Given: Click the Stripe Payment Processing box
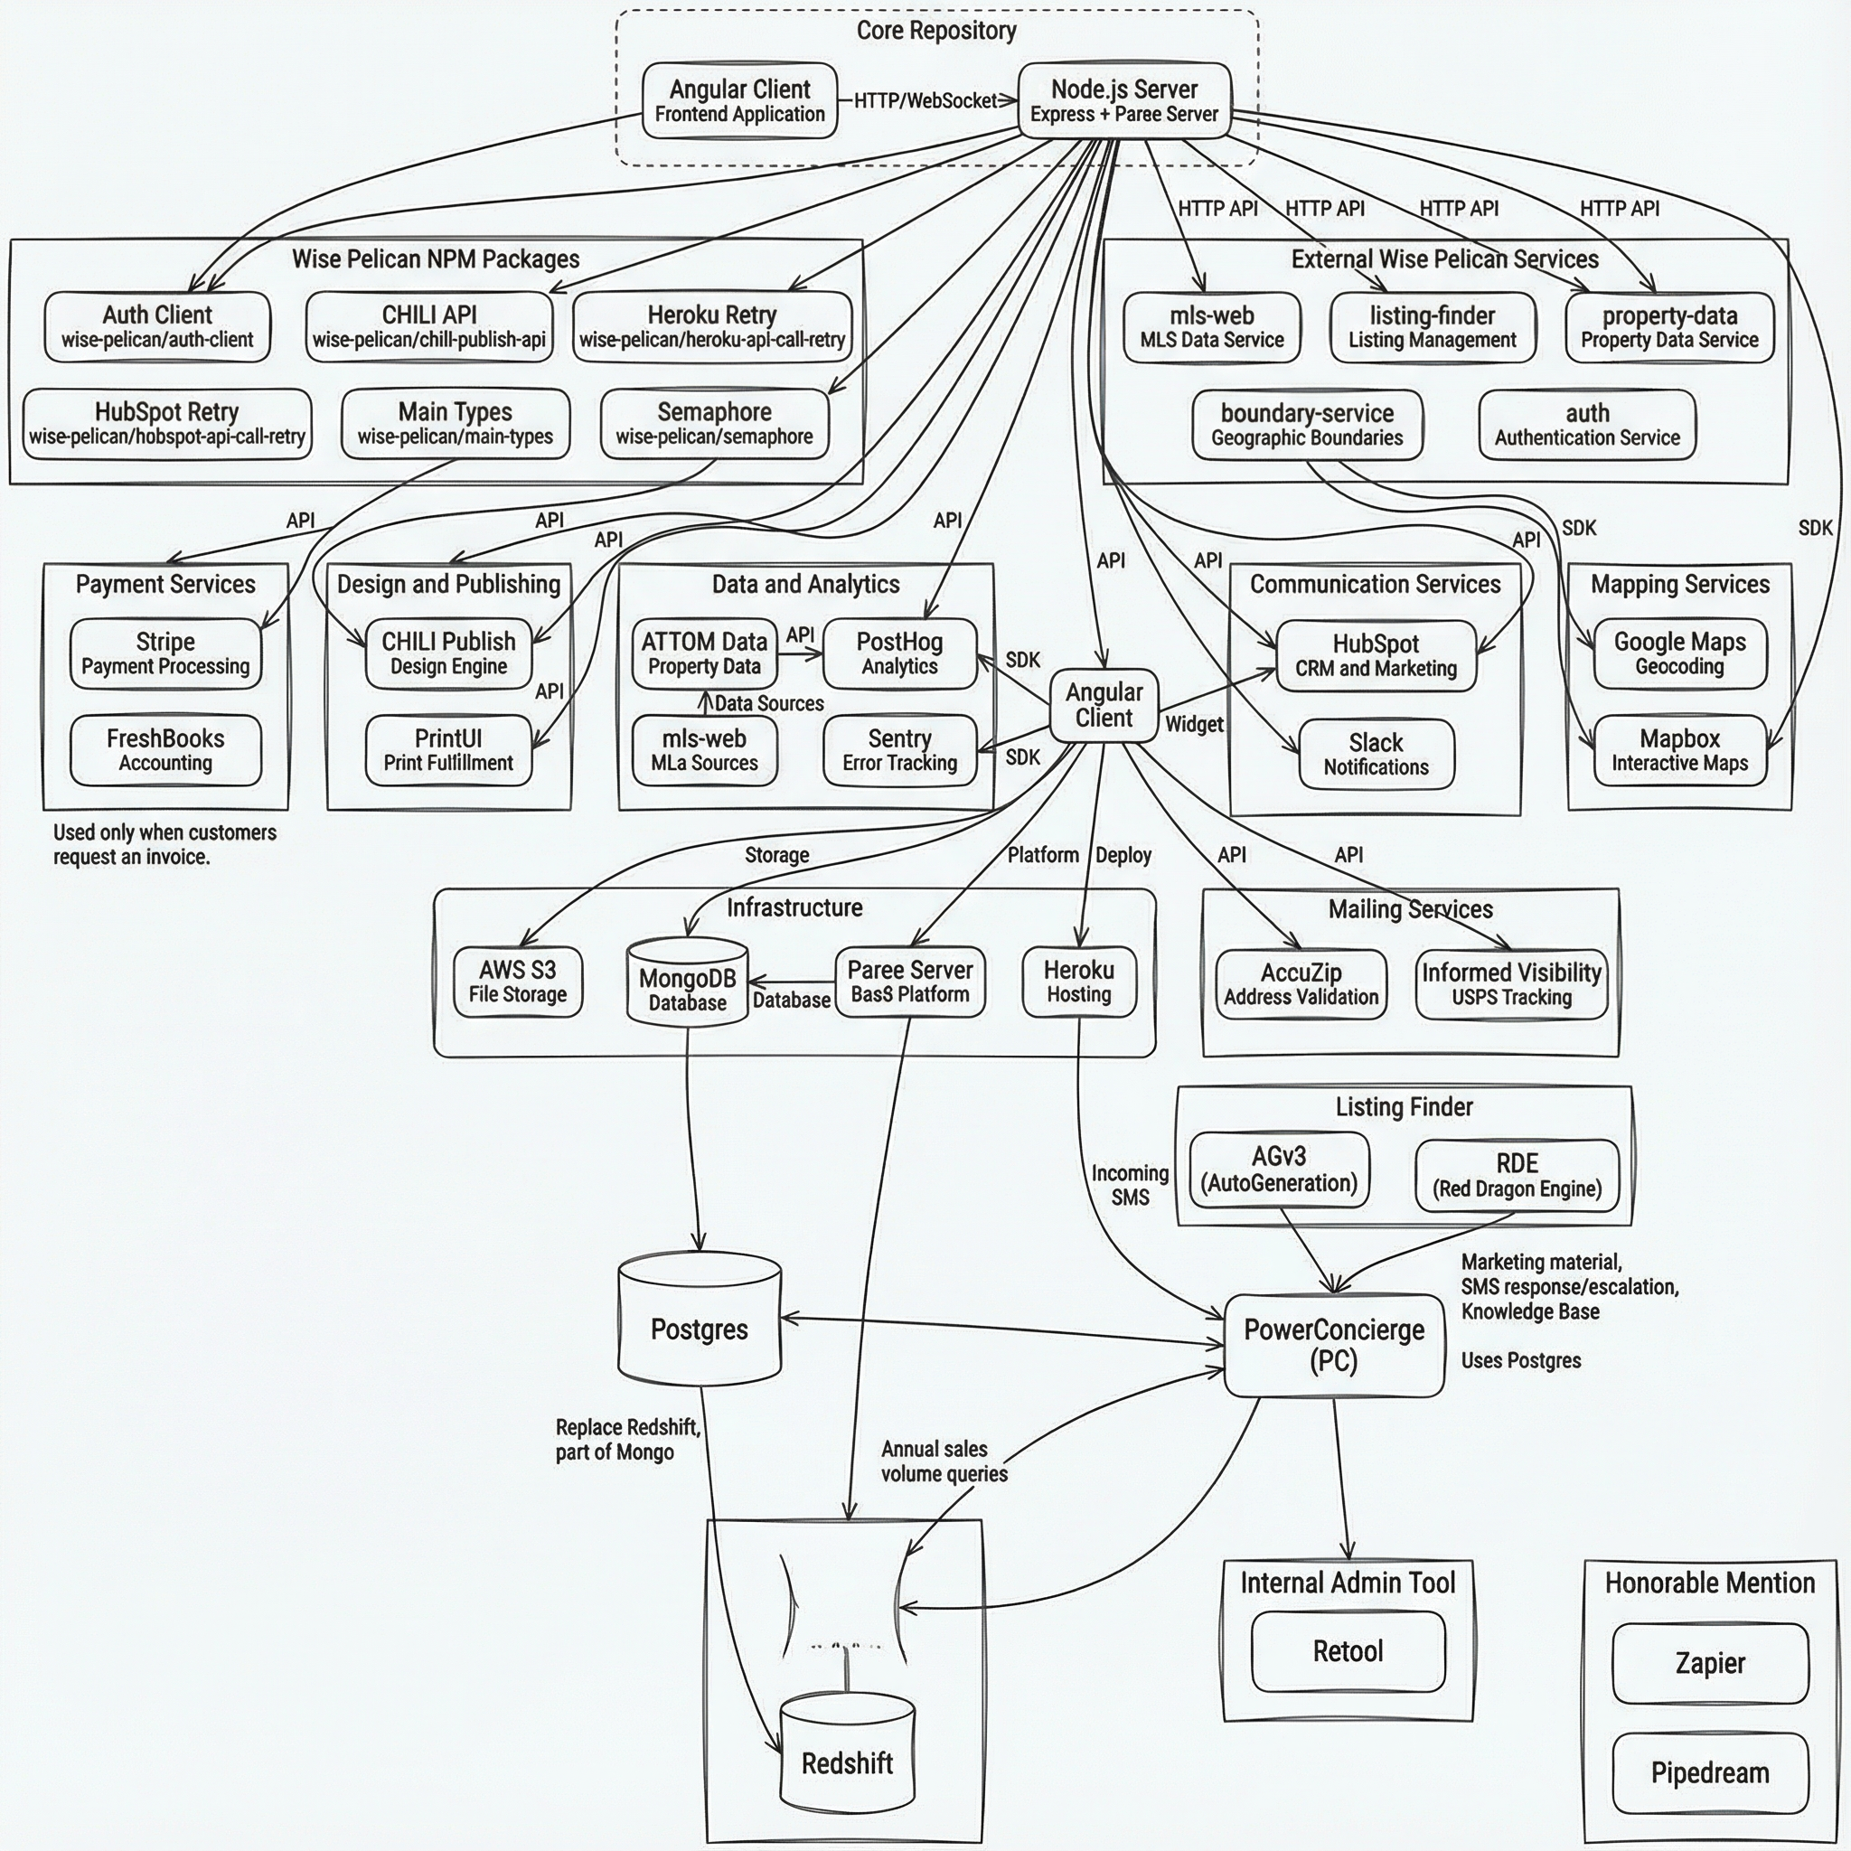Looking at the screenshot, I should click(x=164, y=653).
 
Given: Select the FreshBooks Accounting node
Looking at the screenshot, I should click(x=164, y=750).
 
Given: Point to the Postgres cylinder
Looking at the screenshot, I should click(x=700, y=1329).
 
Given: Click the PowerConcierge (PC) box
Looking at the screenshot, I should click(x=1334, y=1344).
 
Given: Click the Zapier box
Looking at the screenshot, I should click(x=1710, y=1662).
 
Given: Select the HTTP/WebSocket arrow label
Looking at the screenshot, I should click(x=925, y=100).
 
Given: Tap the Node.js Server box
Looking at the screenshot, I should click(x=1123, y=100).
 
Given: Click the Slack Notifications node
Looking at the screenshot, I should click(x=1376, y=754).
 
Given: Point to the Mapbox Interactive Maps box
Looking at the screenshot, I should click(x=1679, y=750).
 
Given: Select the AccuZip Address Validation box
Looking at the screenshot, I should click(x=1300, y=984).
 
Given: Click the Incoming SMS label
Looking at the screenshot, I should click(x=1130, y=1184).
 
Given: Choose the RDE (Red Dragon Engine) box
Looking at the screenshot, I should click(x=1517, y=1175).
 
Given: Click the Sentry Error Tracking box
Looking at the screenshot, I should click(x=899, y=750).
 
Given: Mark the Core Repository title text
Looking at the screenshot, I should click(x=936, y=31).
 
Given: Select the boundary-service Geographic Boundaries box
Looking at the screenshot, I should click(x=1307, y=425).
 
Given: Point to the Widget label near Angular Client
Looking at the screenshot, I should click(x=1194, y=724).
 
